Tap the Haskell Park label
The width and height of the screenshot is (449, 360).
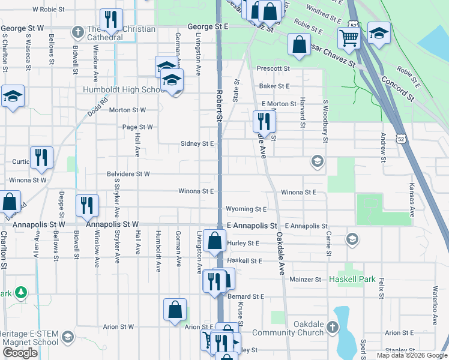(352, 280)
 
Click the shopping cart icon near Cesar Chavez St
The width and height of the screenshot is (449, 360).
(348, 39)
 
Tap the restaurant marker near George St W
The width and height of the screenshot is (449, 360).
(110, 21)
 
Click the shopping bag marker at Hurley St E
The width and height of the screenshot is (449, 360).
(214, 241)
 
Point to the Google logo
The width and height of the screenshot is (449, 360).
(20, 353)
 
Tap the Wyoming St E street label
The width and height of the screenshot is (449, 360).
(246, 209)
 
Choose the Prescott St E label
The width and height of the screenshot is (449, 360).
(273, 69)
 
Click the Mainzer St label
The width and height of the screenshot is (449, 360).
(306, 280)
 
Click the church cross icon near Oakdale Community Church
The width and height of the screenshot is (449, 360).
(333, 328)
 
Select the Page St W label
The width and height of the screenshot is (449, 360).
(137, 127)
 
